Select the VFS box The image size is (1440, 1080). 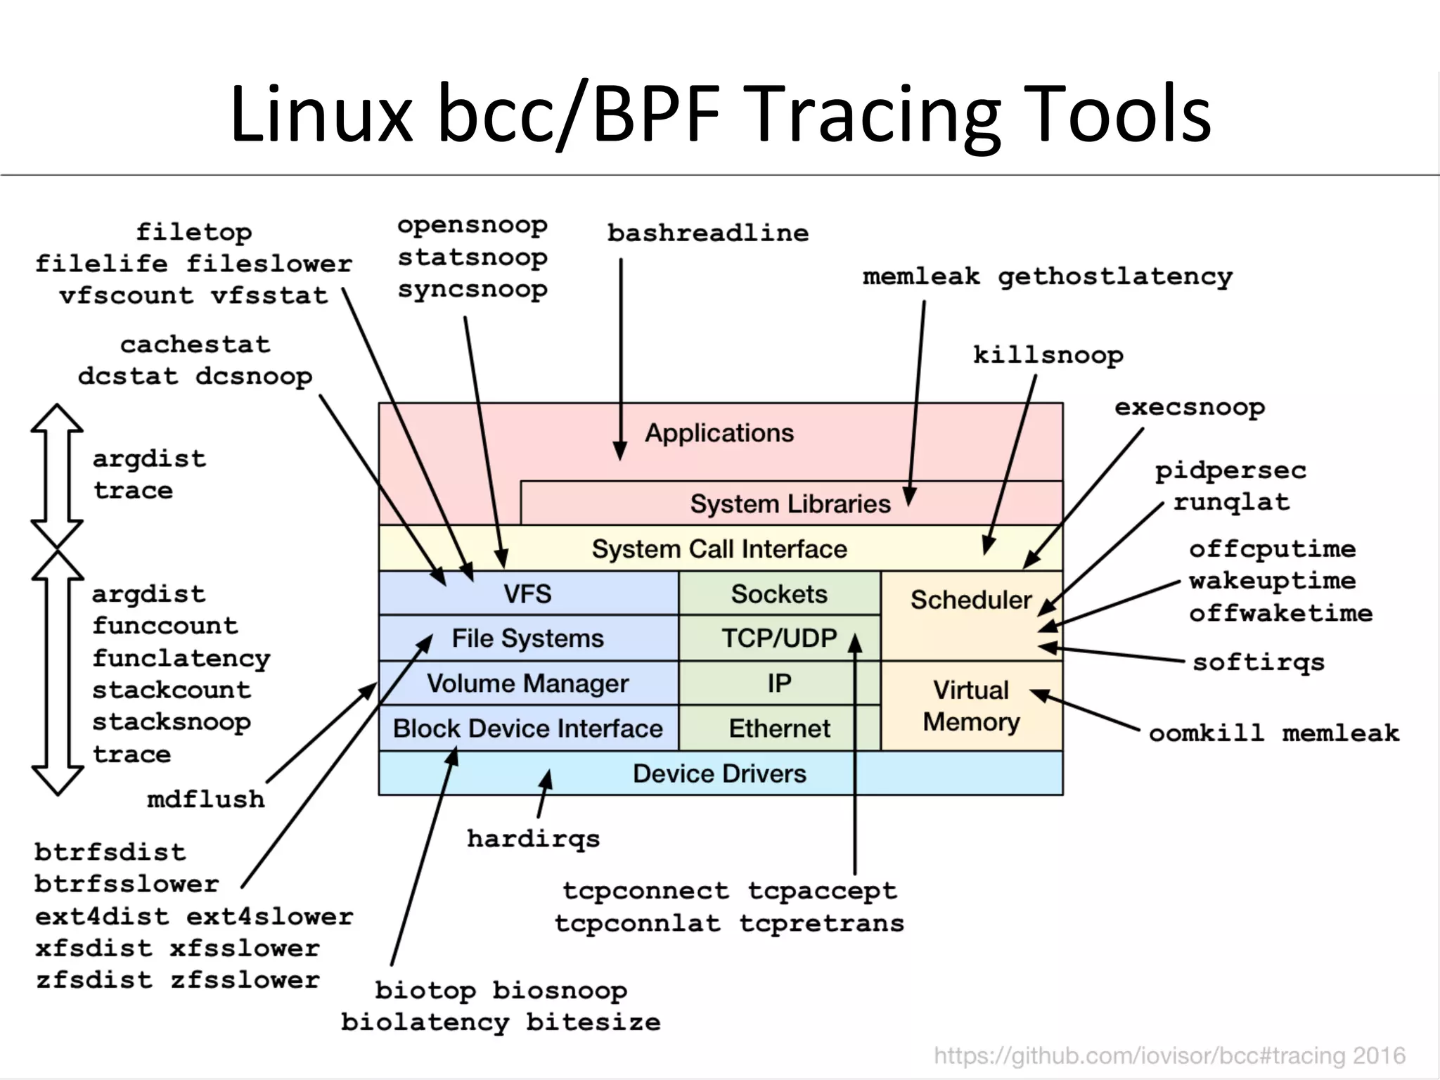click(527, 594)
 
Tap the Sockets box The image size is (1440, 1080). click(779, 594)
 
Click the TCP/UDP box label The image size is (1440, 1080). click(779, 638)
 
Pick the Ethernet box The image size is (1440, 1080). click(779, 728)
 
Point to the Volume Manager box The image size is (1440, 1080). click(527, 683)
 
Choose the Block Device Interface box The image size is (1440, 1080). click(527, 728)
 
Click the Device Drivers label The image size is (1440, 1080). click(719, 773)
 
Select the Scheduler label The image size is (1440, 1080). click(970, 600)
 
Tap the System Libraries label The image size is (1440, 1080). click(790, 504)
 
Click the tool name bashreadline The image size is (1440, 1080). click(707, 233)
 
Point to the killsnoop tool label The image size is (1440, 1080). click(1048, 356)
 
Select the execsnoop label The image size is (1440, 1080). click(1190, 408)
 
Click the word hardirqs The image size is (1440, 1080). click(533, 839)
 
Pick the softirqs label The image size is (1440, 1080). click(1258, 662)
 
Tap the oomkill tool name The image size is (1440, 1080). click(1206, 734)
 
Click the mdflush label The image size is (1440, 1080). click(205, 799)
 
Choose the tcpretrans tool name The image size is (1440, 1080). click(821, 923)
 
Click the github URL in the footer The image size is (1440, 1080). click(1169, 1055)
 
